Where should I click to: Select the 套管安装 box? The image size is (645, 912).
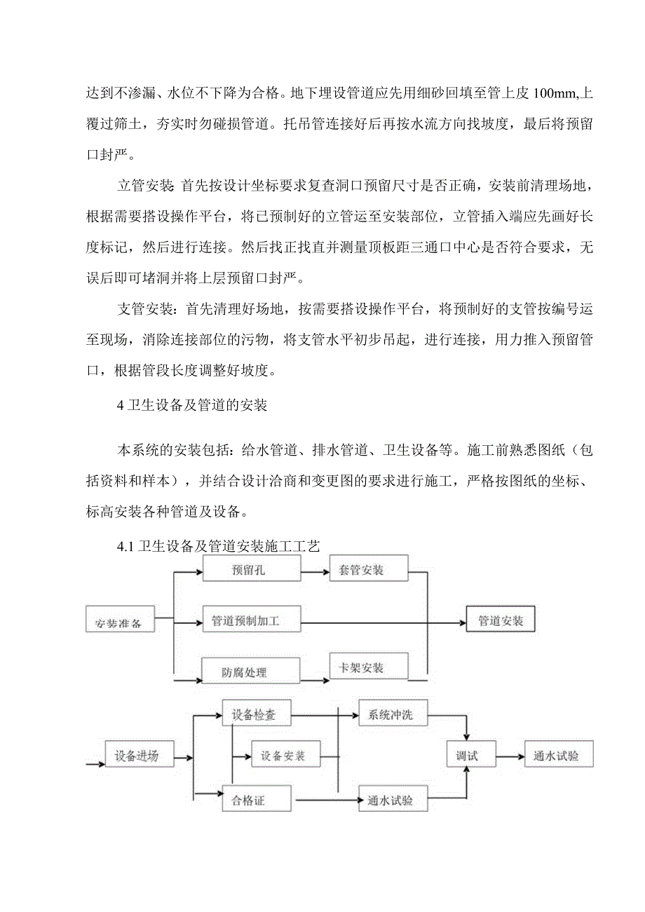point(369,569)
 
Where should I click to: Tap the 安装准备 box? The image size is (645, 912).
point(120,620)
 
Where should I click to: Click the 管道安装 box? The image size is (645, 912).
point(500,620)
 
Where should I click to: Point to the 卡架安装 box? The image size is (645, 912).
point(369,667)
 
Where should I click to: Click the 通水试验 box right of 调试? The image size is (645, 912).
point(559,755)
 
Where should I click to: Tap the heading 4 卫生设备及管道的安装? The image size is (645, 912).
point(193,404)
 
